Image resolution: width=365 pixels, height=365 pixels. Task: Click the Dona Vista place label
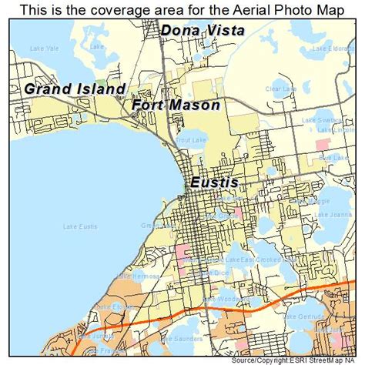coord(203,31)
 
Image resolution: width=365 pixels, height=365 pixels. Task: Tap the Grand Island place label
coord(75,89)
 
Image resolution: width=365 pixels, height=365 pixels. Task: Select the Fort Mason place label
coord(176,105)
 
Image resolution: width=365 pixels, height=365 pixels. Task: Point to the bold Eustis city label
coord(213,182)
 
